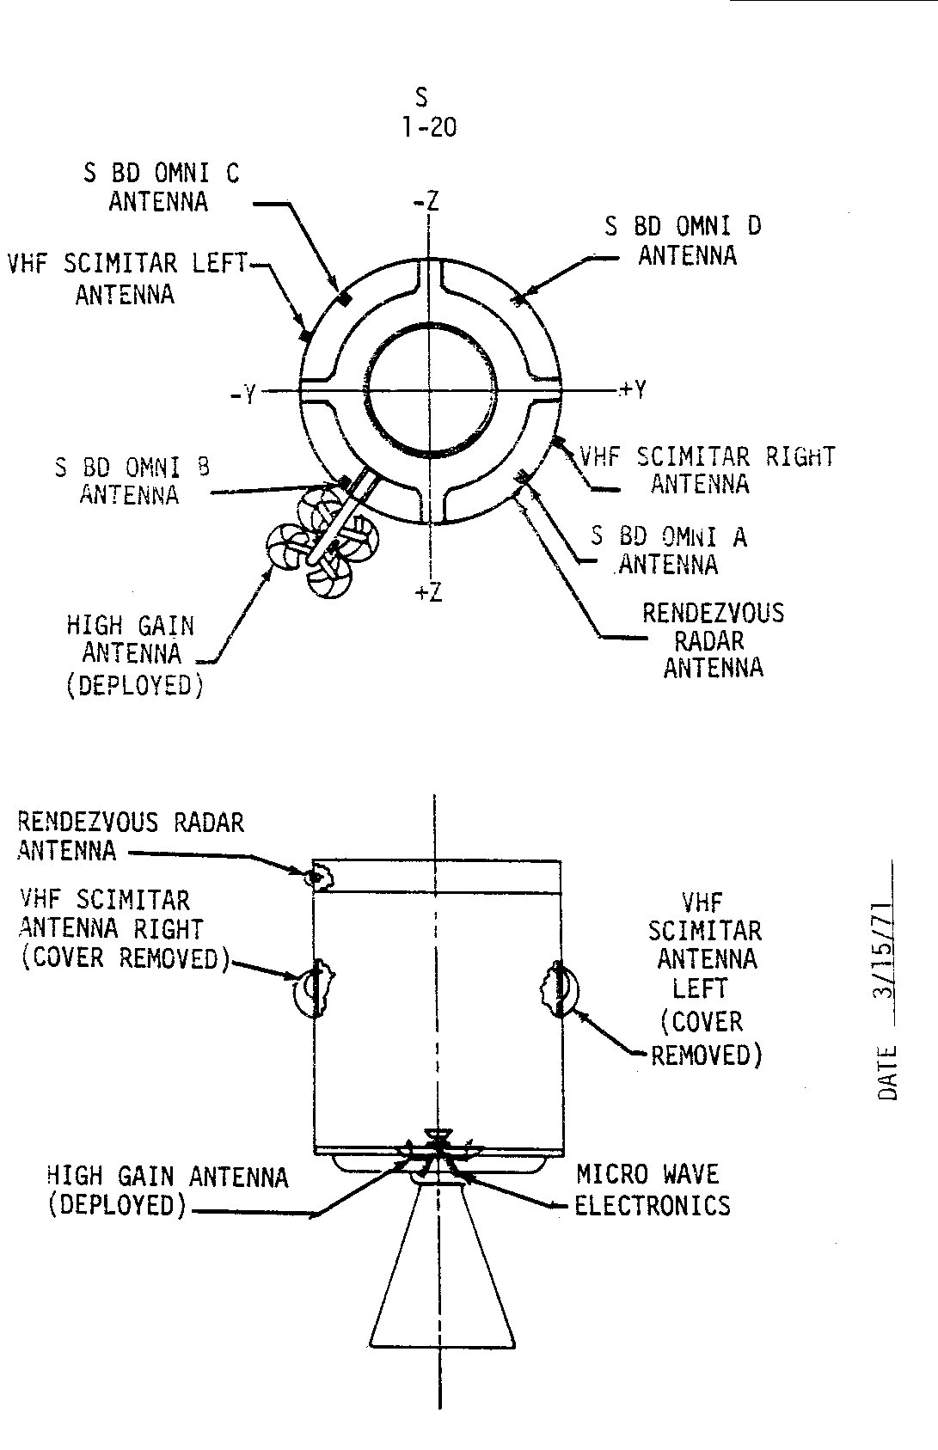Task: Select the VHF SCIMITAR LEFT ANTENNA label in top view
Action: (x=126, y=278)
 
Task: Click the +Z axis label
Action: (x=428, y=592)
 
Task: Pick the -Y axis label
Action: (x=243, y=395)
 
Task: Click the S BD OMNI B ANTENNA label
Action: (x=132, y=480)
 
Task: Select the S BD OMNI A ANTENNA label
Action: (x=669, y=550)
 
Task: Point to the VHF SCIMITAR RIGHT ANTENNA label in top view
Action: (x=707, y=469)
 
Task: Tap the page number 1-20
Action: (x=428, y=128)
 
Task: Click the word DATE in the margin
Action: (x=887, y=1072)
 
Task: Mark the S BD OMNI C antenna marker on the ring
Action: (x=344, y=298)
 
